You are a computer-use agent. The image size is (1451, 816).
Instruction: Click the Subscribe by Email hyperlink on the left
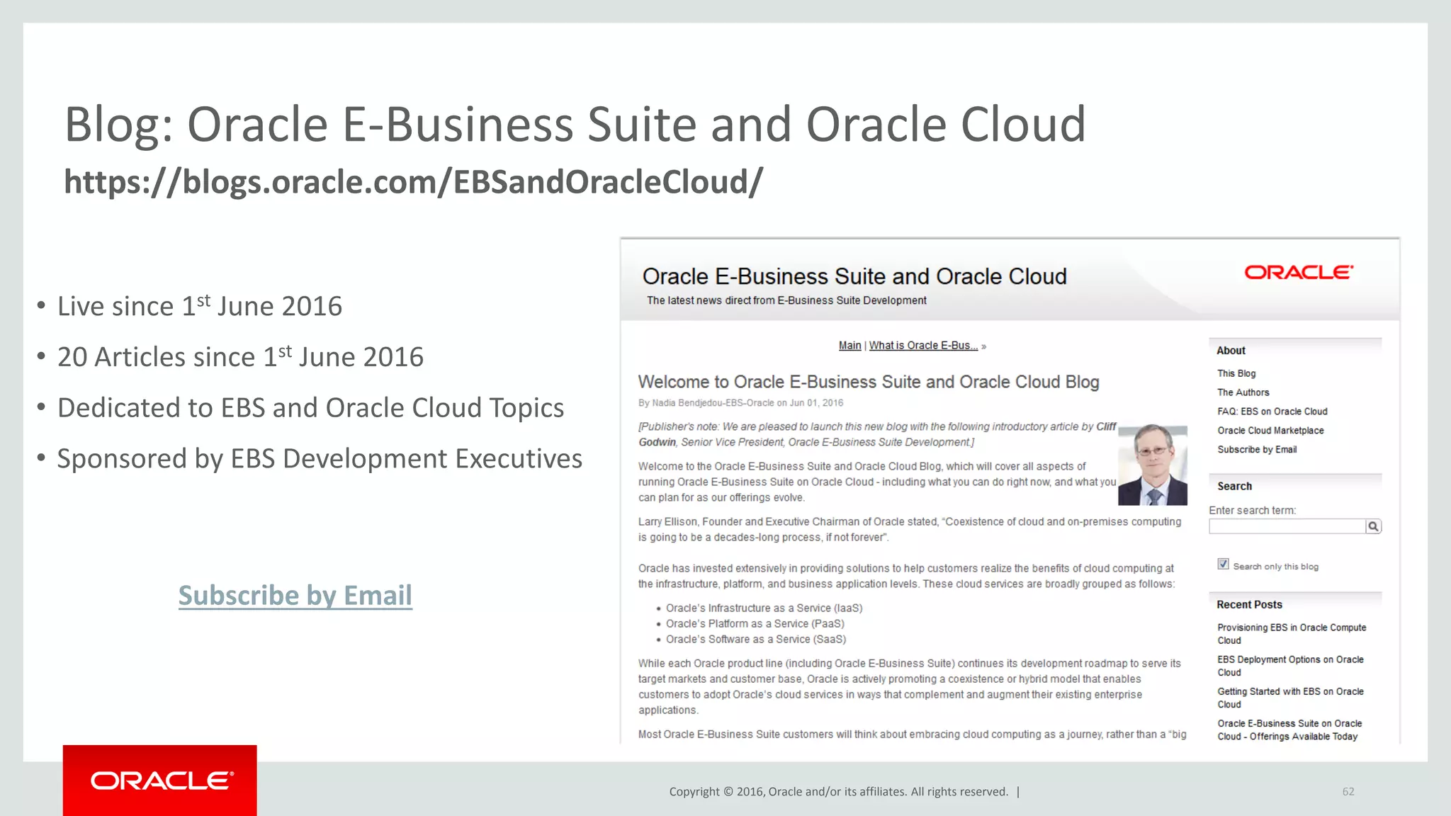(295, 596)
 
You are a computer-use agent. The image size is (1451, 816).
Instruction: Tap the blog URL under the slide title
(413, 182)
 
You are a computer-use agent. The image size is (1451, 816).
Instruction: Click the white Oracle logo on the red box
(161, 781)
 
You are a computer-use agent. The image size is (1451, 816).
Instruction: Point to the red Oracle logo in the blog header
(1299, 273)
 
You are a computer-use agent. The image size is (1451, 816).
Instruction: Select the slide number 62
(1348, 791)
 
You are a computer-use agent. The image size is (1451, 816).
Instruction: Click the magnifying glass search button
(1373, 526)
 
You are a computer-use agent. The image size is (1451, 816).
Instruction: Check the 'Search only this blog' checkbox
(1223, 565)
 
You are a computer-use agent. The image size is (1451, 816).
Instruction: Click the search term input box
(1287, 526)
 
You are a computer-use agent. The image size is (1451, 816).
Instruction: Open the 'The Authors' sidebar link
(1243, 392)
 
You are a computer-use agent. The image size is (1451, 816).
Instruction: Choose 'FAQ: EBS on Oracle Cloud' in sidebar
(1272, 412)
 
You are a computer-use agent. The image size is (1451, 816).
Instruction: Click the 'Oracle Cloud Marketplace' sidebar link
(1270, 431)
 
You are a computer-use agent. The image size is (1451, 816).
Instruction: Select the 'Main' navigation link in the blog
(849, 346)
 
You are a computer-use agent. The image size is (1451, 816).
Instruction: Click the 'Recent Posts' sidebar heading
(1249, 605)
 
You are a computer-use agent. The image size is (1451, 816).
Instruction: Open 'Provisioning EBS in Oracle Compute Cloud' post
(1291, 633)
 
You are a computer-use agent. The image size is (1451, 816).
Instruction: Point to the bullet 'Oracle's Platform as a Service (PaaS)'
(755, 624)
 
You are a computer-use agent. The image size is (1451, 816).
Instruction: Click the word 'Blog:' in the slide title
(119, 125)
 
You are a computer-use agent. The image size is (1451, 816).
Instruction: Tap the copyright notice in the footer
(838, 792)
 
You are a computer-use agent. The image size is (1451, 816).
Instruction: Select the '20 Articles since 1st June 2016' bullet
(240, 357)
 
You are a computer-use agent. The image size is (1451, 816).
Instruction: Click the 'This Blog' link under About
(1236, 373)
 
